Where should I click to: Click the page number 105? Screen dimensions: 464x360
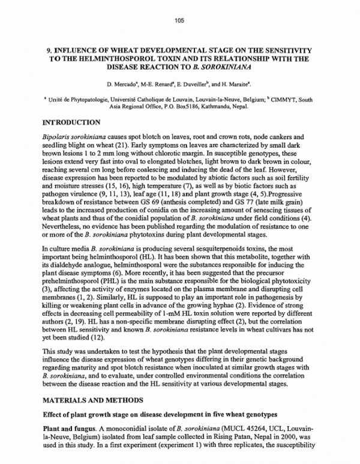(x=179, y=21)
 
